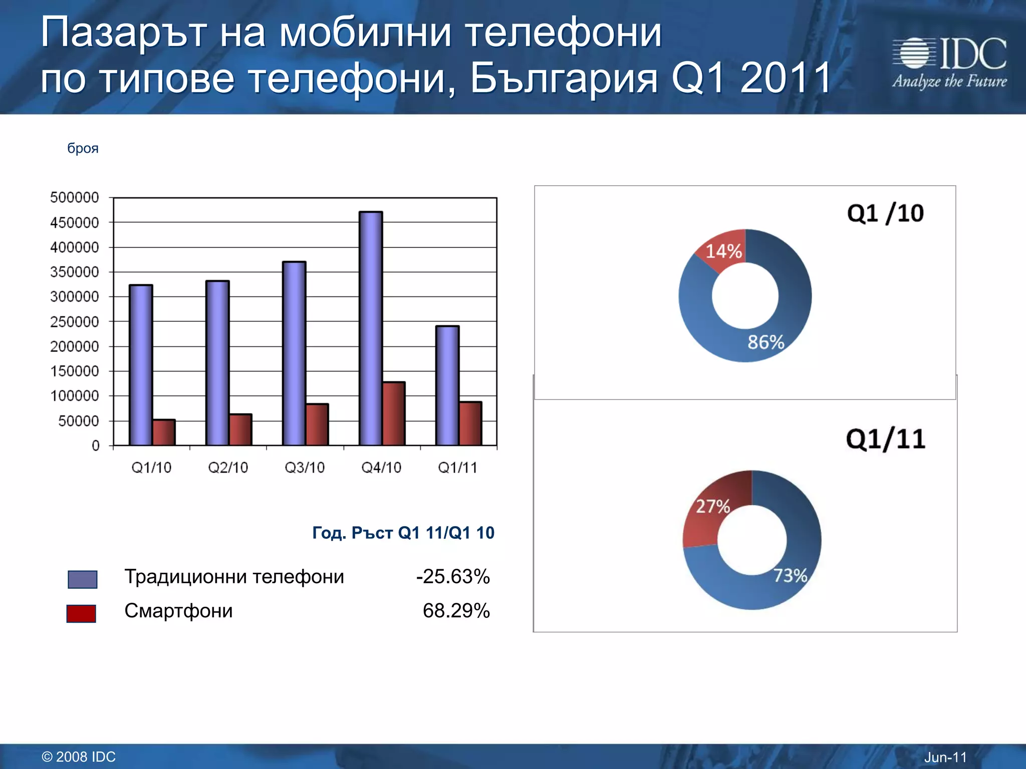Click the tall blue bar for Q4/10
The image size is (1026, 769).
tap(371, 328)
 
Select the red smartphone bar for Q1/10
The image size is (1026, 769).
tap(164, 433)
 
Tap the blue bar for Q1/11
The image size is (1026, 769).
tap(447, 386)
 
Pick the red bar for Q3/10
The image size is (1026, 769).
tap(317, 425)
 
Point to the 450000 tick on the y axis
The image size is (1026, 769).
tap(75, 223)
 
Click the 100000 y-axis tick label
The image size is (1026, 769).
tap(75, 396)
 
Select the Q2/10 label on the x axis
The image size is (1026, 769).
tap(228, 468)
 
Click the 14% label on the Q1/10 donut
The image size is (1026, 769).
tap(723, 251)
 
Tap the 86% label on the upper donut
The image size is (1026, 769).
tap(765, 342)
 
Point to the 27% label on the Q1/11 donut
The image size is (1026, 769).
tap(713, 507)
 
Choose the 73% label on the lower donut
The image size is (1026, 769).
tap(790, 576)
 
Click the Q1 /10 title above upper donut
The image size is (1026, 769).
tap(885, 214)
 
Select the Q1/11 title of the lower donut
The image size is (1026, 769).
tap(885, 440)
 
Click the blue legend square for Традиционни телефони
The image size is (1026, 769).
tap(83, 579)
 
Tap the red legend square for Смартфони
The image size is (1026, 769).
tap(81, 613)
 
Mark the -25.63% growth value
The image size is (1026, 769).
tap(452, 577)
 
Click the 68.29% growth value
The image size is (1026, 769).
tap(456, 611)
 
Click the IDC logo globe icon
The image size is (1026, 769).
tap(914, 53)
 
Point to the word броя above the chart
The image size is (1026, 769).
tap(83, 148)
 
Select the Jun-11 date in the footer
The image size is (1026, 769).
tap(945, 757)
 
